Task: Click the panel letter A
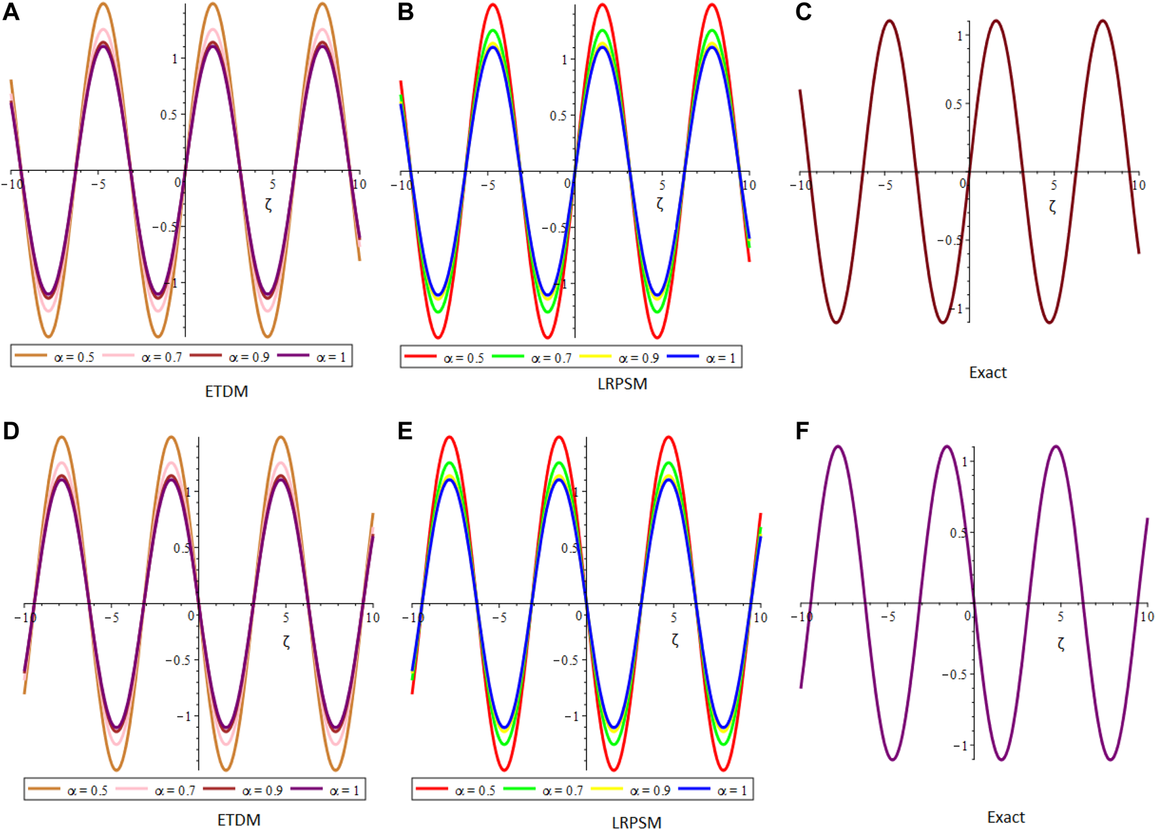click(11, 12)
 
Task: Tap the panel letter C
click(804, 12)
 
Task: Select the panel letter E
click(405, 431)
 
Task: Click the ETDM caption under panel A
click(226, 392)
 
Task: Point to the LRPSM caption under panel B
click(622, 384)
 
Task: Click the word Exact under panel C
click(988, 373)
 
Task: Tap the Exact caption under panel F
click(1005, 817)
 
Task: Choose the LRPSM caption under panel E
click(636, 823)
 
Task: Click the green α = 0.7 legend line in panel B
click(508, 356)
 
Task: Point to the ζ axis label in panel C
click(1052, 207)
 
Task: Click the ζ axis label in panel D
click(286, 641)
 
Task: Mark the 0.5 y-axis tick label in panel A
click(168, 115)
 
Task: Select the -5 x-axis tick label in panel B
click(488, 185)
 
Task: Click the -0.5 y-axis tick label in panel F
click(954, 675)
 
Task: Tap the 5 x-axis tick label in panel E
click(673, 617)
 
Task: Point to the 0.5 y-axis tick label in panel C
click(953, 104)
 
